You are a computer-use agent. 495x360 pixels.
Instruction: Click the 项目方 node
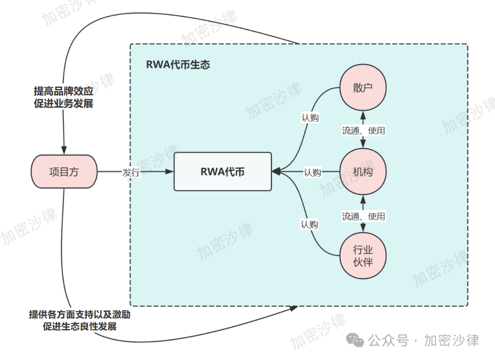pyautogui.click(x=64, y=172)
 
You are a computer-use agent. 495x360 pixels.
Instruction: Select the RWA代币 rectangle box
pyautogui.click(x=223, y=172)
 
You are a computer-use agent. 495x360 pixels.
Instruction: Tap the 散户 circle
pyautogui.click(x=363, y=88)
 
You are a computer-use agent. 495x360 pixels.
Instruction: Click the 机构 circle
pyautogui.click(x=363, y=172)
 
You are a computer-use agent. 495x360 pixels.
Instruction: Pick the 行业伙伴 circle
pyautogui.click(x=363, y=256)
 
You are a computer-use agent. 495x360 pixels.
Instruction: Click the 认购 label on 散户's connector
pyautogui.click(x=310, y=118)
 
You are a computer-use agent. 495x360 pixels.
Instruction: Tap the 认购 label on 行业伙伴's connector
pyautogui.click(x=309, y=224)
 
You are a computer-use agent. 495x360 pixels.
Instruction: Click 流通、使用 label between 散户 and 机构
pyautogui.click(x=363, y=131)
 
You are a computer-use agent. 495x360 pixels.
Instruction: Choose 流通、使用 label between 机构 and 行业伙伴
pyautogui.click(x=363, y=216)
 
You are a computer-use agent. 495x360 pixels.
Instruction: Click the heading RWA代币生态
pyautogui.click(x=178, y=65)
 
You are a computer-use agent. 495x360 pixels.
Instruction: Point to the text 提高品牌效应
pyautogui.click(x=63, y=91)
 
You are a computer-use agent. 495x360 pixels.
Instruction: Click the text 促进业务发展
pyautogui.click(x=63, y=104)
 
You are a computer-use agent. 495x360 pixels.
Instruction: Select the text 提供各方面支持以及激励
pyautogui.click(x=82, y=315)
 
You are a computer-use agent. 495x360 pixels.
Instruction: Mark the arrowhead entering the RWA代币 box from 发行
pyautogui.click(x=170, y=172)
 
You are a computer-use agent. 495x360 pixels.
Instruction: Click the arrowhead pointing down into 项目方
pyautogui.click(x=64, y=151)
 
